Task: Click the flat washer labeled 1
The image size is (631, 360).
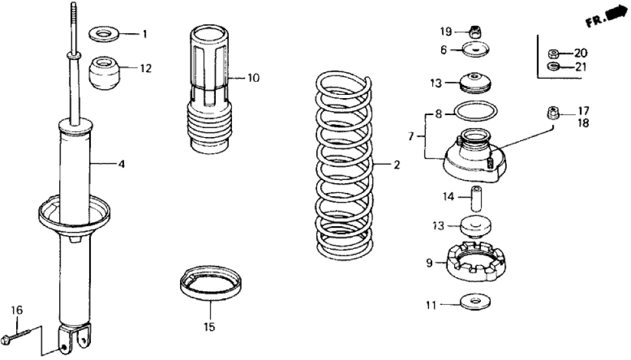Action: click(101, 32)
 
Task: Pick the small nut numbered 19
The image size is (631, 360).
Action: click(474, 31)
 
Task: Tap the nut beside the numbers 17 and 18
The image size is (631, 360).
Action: click(554, 113)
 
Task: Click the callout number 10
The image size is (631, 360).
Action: click(253, 78)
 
